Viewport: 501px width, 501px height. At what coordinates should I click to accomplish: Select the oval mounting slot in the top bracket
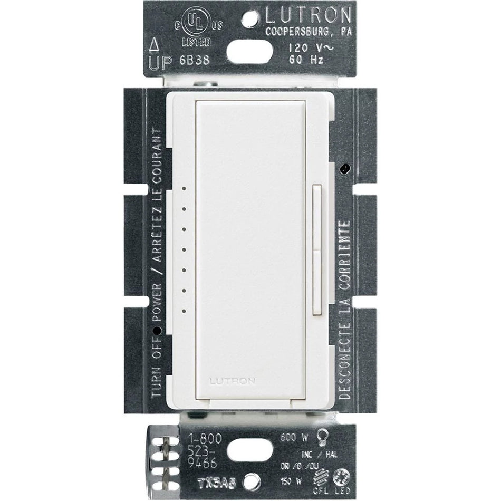click(250, 52)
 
